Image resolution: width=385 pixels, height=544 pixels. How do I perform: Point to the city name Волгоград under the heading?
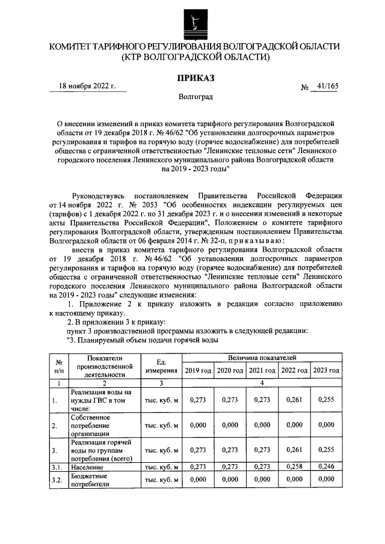click(195, 96)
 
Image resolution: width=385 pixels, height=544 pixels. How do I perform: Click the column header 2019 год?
click(198, 370)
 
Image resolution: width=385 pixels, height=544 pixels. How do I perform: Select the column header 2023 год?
click(326, 370)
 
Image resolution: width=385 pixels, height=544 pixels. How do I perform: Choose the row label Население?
click(87, 466)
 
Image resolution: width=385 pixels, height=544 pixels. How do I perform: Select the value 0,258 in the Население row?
click(294, 466)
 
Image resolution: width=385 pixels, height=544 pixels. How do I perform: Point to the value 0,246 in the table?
click(326, 466)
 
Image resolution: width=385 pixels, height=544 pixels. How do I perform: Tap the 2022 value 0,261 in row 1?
click(294, 400)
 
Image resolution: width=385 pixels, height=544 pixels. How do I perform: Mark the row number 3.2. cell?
click(58, 479)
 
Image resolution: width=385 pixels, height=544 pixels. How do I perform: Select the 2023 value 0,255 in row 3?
click(326, 450)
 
